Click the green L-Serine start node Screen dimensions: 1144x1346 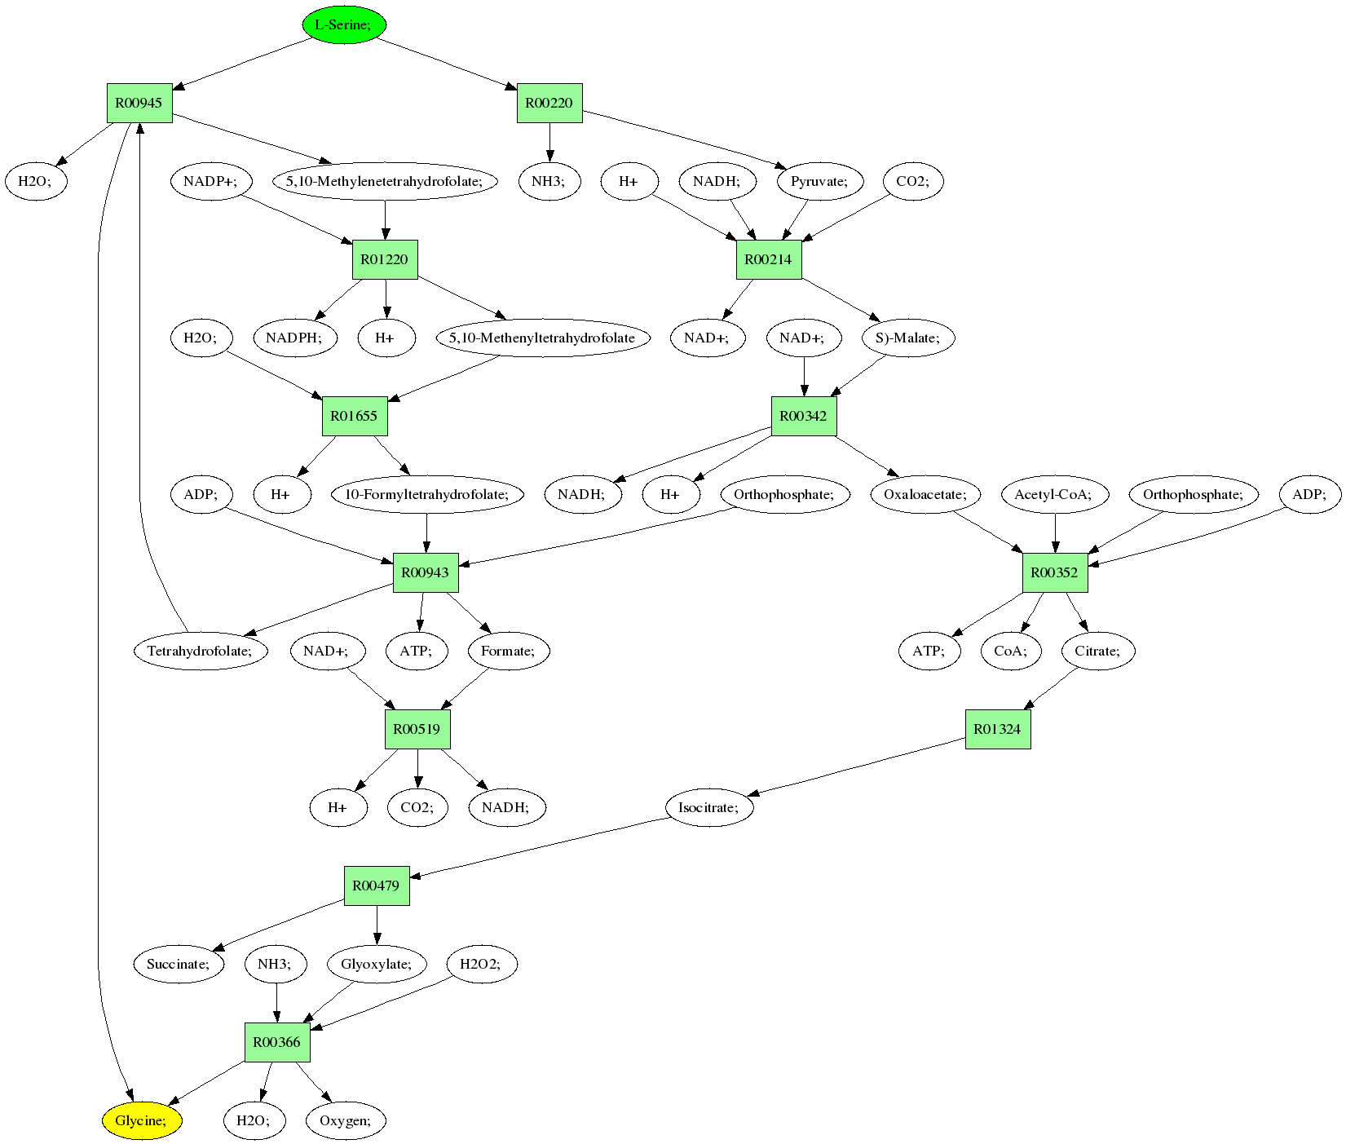coord(343,24)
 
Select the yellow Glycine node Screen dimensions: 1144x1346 coord(142,1120)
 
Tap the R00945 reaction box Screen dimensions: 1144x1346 coord(139,103)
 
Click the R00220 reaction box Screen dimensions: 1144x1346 coord(549,103)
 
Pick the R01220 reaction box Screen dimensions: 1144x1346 coord(385,259)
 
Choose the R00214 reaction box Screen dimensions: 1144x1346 coord(769,259)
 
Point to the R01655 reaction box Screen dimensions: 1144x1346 coord(354,416)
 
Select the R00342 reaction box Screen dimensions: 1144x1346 coord(804,416)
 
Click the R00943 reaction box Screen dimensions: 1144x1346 coord(426,572)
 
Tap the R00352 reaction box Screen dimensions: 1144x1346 coord(1055,572)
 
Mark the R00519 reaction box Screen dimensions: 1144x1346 coord(417,729)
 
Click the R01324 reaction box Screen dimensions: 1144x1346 coord(998,729)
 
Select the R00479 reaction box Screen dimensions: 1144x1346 coord(377,886)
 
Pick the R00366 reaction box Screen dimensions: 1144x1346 coord(277,1042)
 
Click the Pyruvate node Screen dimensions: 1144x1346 coord(819,181)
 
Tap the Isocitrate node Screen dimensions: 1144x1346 coord(708,807)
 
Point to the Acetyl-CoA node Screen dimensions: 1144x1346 coord(1053,494)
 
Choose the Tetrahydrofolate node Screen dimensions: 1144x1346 coord(201,651)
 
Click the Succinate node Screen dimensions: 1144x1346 coord(179,964)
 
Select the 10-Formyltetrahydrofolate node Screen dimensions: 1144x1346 coord(427,494)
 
